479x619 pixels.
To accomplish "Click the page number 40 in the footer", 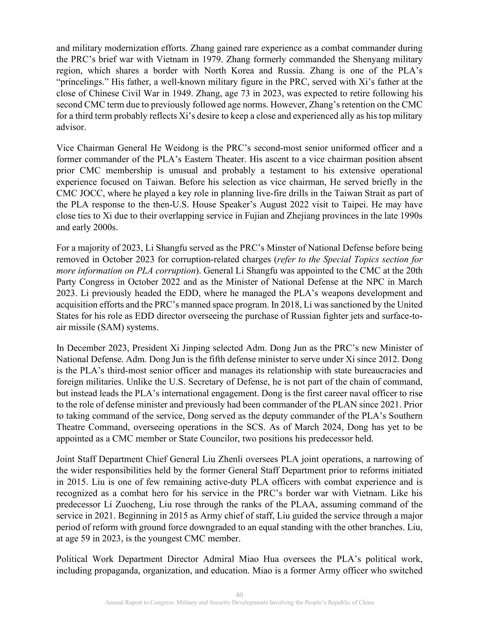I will click(x=239, y=595).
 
